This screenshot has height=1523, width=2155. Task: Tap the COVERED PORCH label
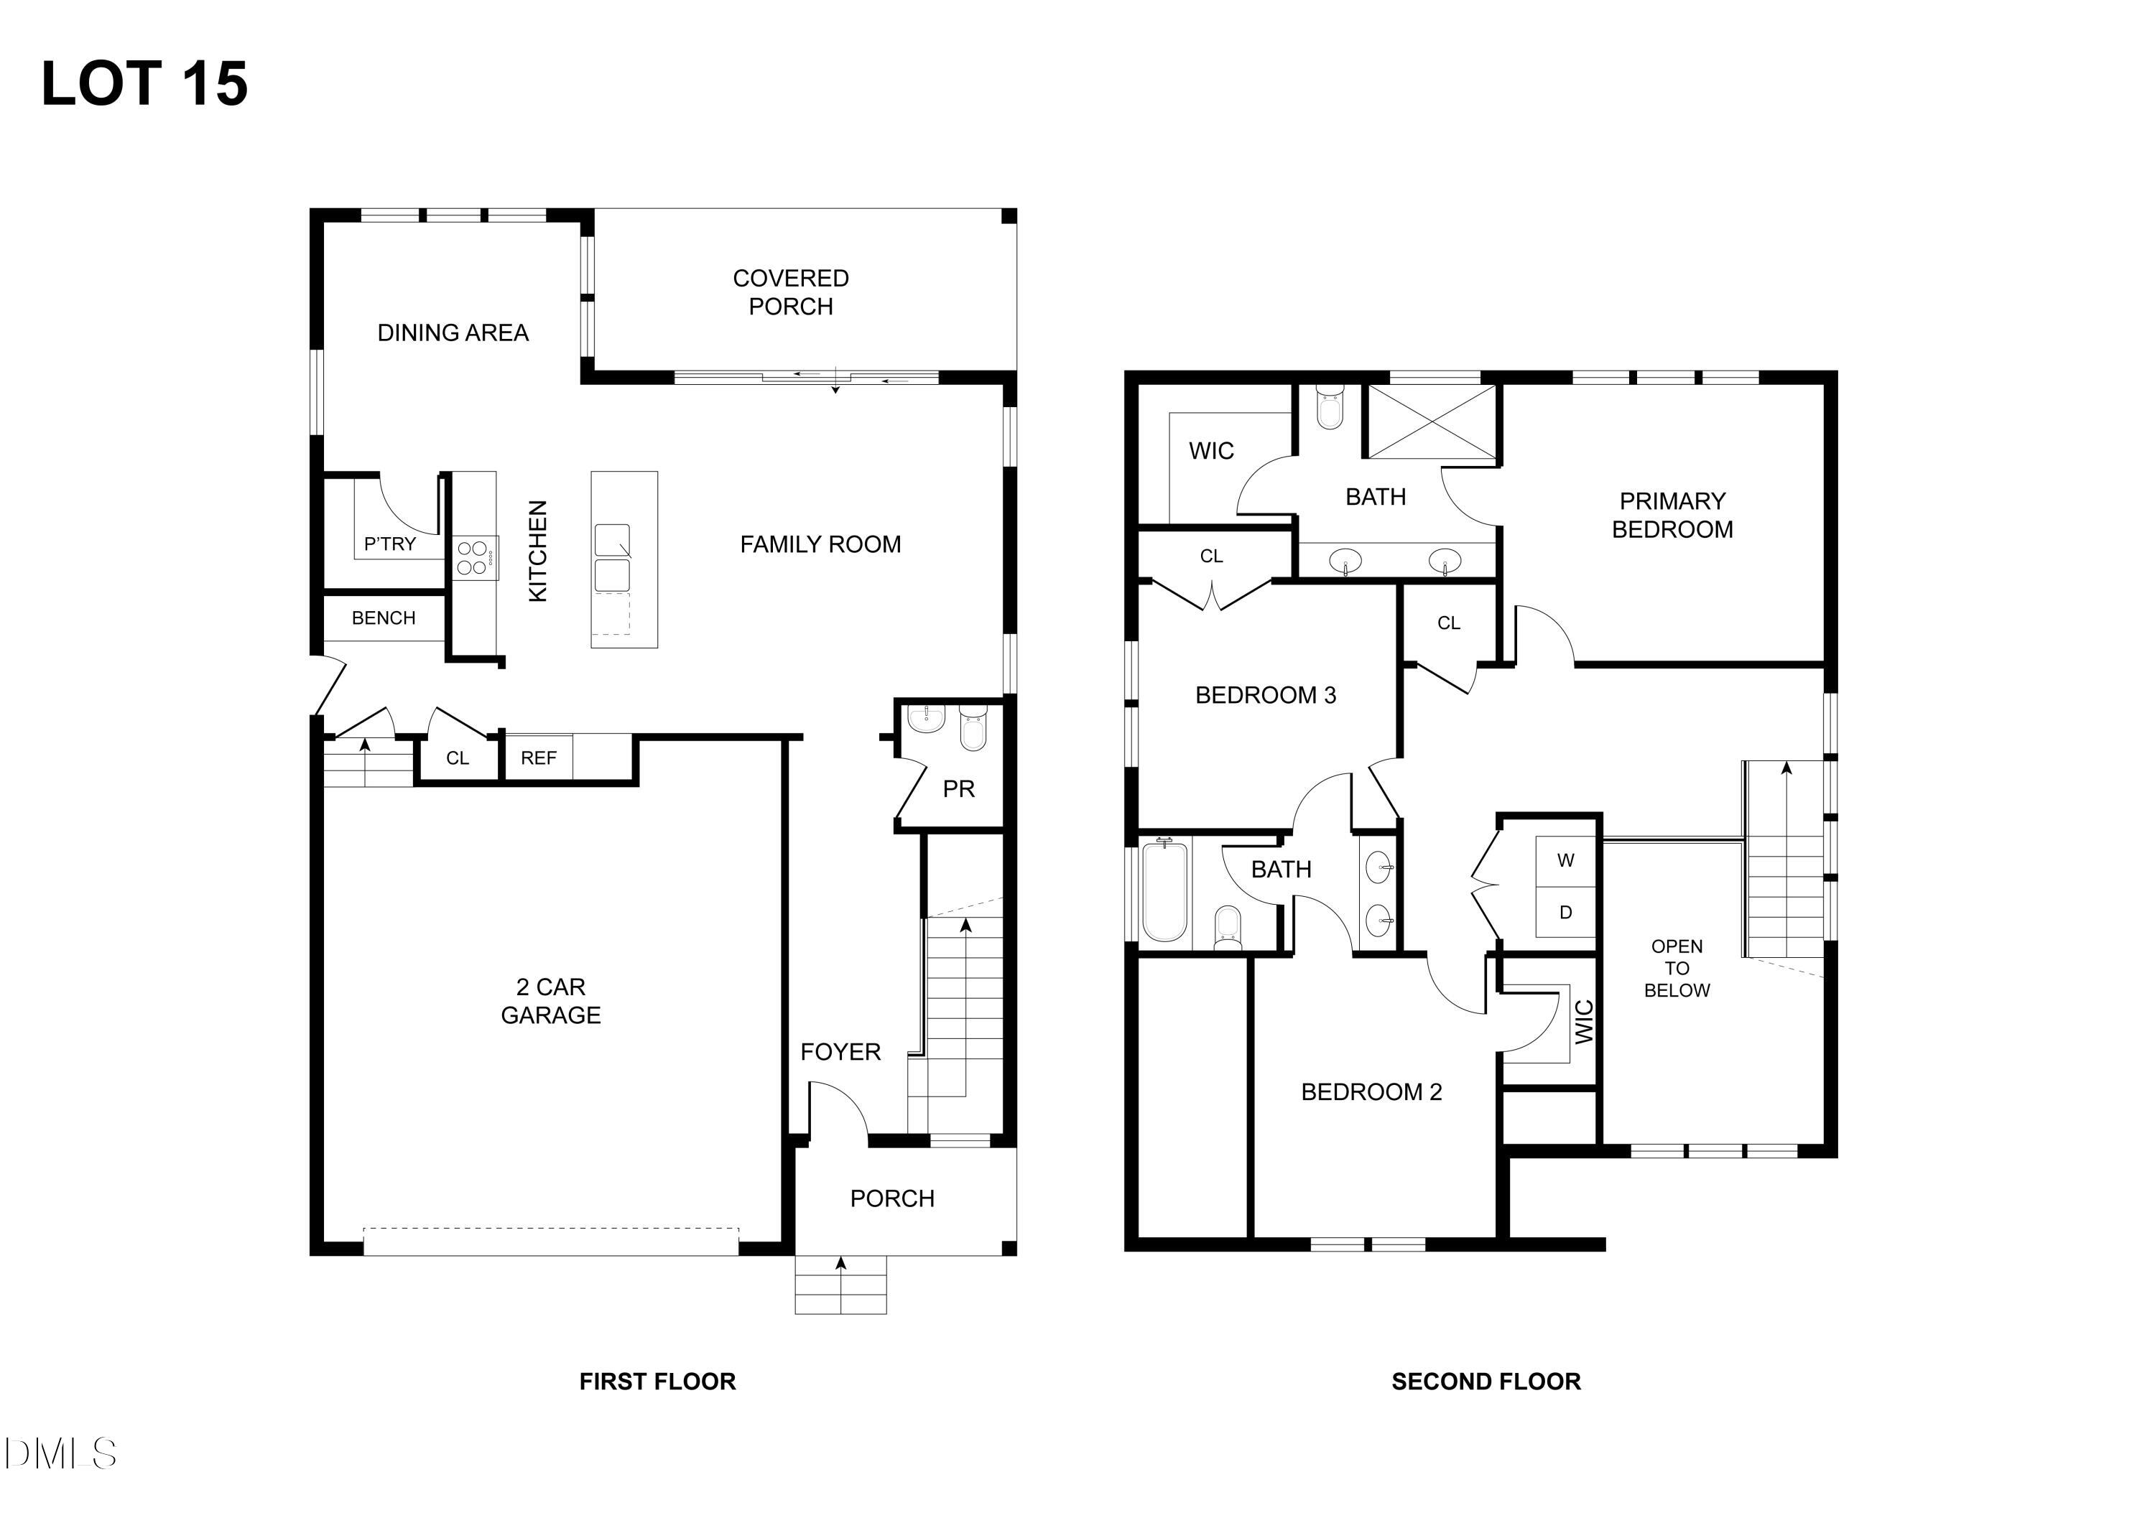tap(790, 292)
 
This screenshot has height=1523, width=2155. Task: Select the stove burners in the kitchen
tap(472, 557)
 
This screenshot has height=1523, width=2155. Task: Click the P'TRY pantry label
tap(389, 544)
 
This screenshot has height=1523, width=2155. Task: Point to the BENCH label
tap(383, 618)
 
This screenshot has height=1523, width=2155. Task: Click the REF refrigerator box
tap(538, 758)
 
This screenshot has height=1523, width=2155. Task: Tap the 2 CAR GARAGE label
tap(551, 1000)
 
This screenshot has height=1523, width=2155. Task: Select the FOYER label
tap(840, 1052)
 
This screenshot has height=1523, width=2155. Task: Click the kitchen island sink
tap(612, 559)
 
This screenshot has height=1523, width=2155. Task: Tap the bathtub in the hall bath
tap(1165, 891)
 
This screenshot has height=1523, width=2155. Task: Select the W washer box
tap(1565, 860)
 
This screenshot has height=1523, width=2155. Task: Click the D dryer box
tap(1565, 912)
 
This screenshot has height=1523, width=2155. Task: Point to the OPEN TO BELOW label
tap(1677, 969)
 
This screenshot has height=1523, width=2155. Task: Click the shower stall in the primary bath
tap(1432, 421)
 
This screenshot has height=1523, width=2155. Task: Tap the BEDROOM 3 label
tap(1265, 695)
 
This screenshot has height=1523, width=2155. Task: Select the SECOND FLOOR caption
tap(1486, 1382)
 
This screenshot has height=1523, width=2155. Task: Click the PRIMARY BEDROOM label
tap(1672, 515)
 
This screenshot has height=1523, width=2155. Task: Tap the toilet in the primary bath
tap(1330, 407)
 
